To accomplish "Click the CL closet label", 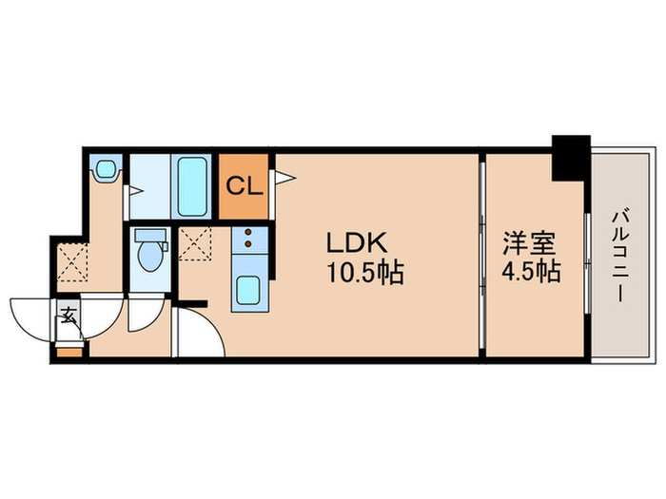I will tap(245, 185).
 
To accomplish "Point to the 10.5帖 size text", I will tap(366, 275).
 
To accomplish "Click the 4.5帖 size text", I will tap(530, 273).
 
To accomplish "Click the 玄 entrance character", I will tap(69, 316).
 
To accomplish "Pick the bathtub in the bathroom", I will tap(193, 186).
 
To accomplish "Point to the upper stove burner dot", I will tap(249, 233).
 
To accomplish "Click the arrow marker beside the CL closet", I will tap(284, 177).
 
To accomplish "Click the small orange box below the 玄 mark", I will tap(69, 352).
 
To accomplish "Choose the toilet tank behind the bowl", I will tap(150, 235).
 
